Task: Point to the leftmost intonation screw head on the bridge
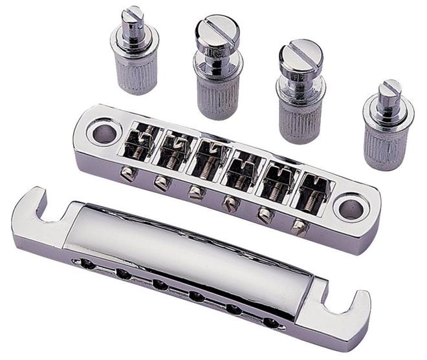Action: (127, 173)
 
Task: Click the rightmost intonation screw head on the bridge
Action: (298, 227)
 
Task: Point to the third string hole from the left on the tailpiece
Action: (159, 284)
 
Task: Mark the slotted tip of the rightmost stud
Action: (390, 89)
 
